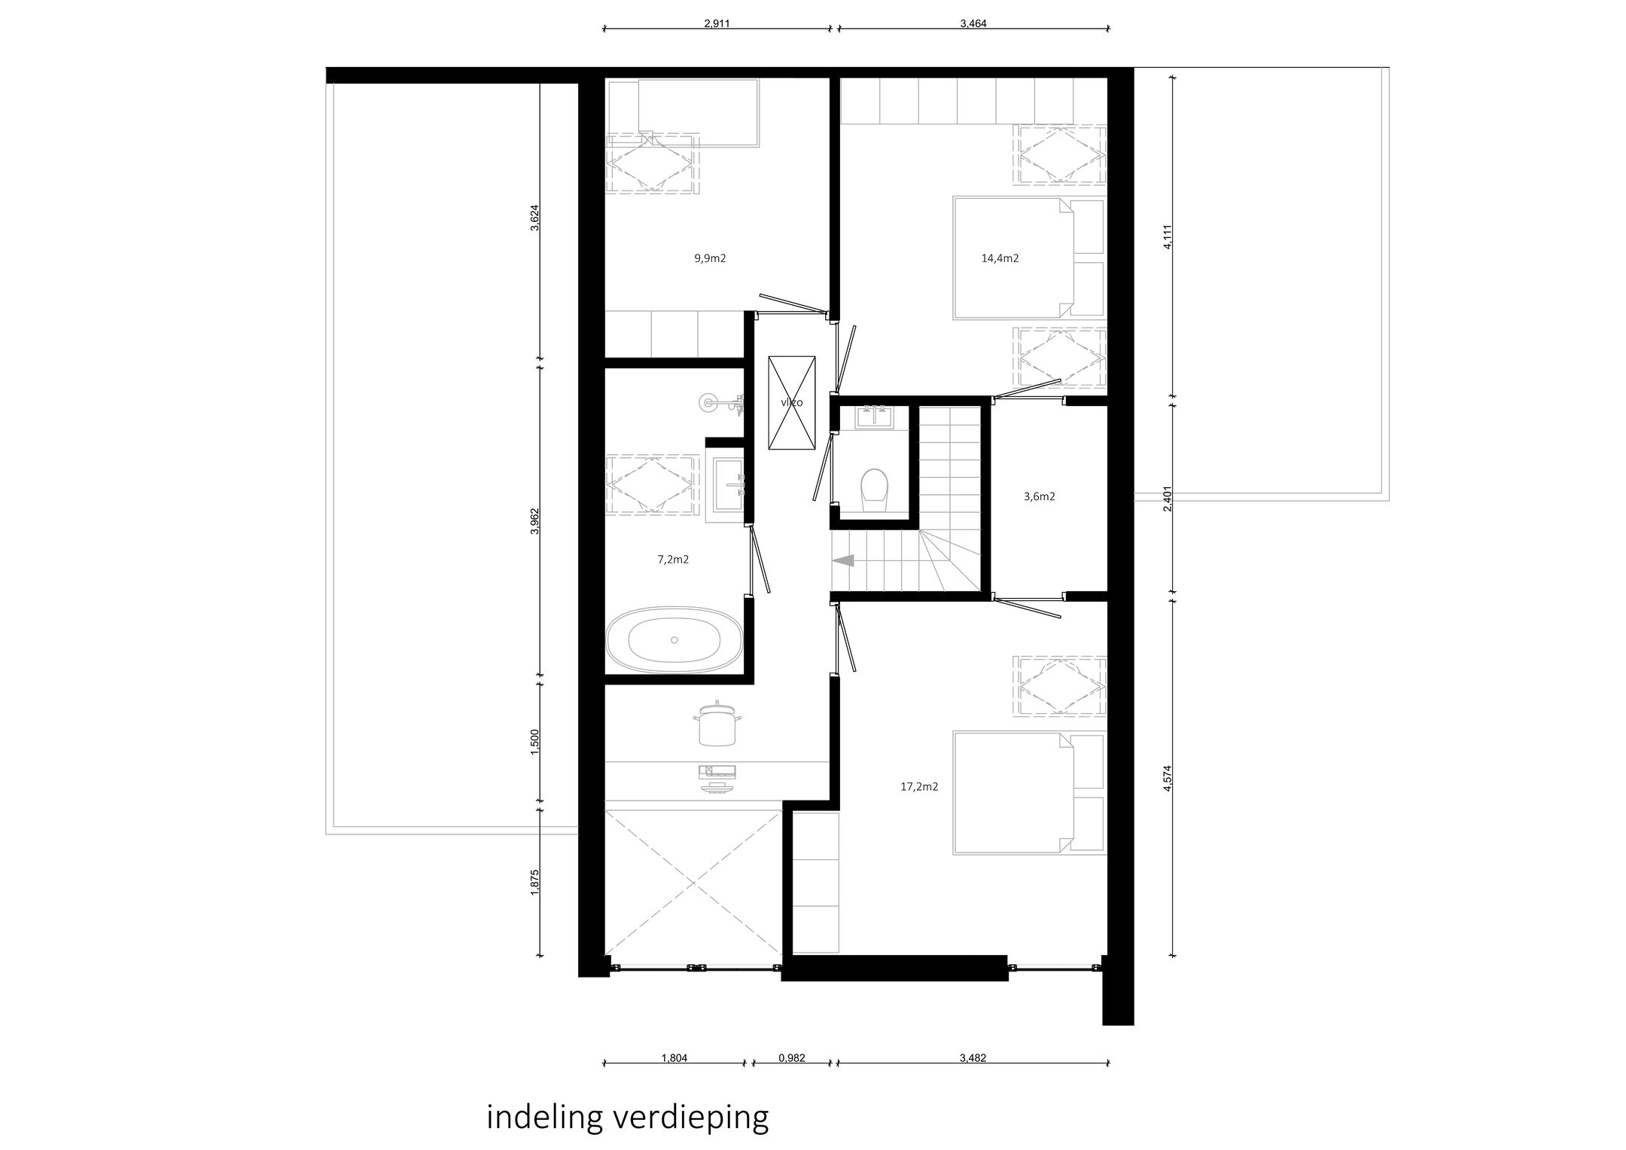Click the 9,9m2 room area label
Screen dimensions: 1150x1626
tap(710, 258)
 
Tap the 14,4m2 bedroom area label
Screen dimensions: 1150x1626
tap(1000, 258)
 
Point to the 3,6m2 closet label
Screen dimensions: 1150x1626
tap(1039, 496)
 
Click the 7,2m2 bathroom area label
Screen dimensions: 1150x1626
tap(673, 560)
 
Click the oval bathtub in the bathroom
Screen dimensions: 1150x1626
tap(674, 640)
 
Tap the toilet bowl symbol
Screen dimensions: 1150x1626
tap(874, 487)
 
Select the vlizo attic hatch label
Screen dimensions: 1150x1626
tap(791, 403)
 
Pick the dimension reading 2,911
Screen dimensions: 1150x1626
tap(717, 23)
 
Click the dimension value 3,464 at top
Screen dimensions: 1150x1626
tap(973, 23)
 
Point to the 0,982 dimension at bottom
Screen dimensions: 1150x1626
tap(791, 1057)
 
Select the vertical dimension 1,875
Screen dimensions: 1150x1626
tap(534, 883)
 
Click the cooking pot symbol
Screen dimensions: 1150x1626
tap(716, 724)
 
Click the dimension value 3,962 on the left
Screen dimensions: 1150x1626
tap(534, 520)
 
